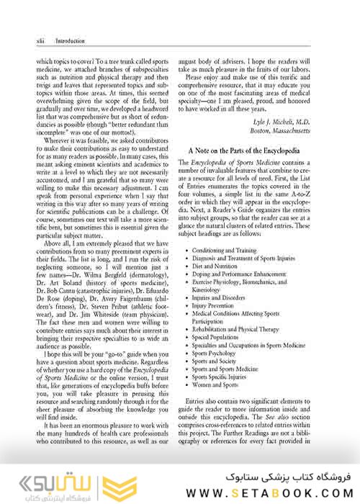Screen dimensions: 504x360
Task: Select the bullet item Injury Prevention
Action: [216, 305]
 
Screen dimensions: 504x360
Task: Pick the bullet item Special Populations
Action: [219, 337]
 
